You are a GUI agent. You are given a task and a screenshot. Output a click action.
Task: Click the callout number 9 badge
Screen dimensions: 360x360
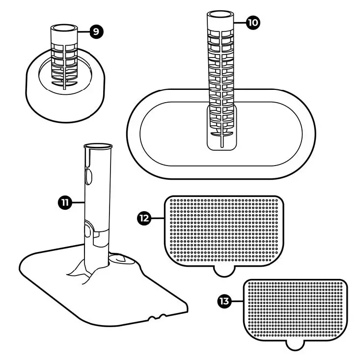pos(96,32)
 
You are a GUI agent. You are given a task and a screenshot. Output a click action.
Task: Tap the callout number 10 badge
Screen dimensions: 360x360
pos(254,23)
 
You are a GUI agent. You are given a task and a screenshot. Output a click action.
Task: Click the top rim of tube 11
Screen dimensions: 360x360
pos(99,146)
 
